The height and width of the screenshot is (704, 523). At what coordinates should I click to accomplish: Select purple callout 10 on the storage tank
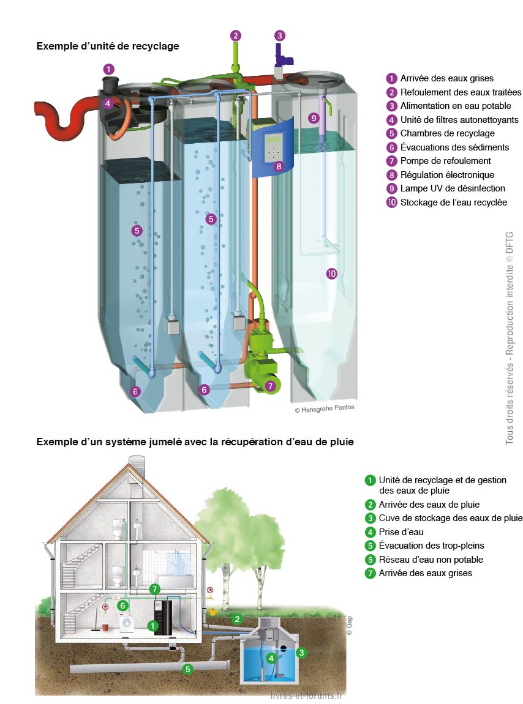332,274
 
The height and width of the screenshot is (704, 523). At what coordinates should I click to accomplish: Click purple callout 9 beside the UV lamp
314,117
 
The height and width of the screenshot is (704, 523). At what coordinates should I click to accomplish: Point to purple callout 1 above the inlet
108,69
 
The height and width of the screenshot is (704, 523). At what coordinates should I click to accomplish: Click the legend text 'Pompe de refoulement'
445,161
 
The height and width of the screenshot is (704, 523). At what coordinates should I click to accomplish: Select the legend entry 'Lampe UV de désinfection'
452,188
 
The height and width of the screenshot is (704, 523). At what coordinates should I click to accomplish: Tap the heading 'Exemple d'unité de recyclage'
108,46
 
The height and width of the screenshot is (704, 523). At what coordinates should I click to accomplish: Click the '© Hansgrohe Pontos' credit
324,408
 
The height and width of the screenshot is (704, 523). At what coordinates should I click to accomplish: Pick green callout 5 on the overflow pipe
188,669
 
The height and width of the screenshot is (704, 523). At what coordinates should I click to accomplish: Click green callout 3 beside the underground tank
301,653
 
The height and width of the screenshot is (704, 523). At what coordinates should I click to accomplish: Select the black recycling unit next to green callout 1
163,618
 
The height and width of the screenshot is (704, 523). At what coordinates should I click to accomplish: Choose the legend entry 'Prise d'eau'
401,532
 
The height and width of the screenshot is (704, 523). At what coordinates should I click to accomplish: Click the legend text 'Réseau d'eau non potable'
431,560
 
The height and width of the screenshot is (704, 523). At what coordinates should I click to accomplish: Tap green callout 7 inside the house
155,589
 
